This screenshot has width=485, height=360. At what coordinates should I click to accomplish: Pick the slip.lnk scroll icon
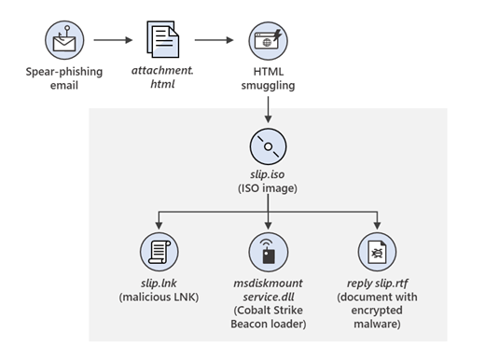pos(158,252)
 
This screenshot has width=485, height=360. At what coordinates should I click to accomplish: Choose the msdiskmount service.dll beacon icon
pos(268,252)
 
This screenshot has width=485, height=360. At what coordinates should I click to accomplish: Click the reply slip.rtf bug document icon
pos(378,252)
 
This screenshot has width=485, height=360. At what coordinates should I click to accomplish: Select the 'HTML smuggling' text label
pos(268,78)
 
